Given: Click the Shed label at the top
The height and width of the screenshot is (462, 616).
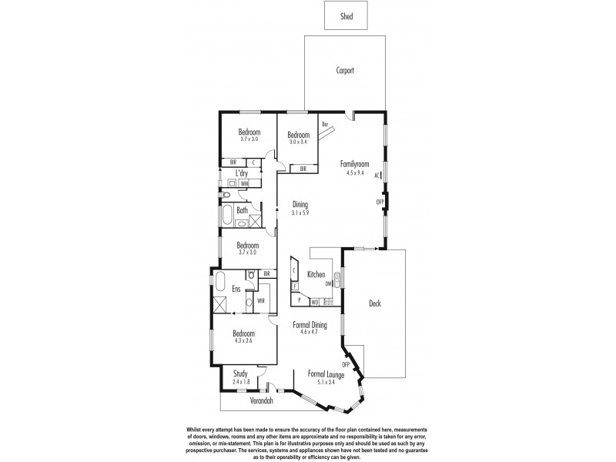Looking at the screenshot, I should tap(346, 15).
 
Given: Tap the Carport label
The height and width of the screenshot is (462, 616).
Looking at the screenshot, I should tap(345, 70).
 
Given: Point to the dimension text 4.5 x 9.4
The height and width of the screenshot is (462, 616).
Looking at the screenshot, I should tap(355, 172).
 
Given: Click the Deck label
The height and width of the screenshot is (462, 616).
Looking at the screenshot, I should tap(375, 303).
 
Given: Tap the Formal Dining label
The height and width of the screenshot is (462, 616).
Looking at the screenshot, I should tap(310, 326).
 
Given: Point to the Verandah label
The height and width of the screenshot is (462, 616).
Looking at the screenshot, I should tap(261, 401).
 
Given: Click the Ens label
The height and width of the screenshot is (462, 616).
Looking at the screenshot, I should tap(237, 289).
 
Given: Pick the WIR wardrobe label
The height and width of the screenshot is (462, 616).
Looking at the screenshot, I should tap(261, 300).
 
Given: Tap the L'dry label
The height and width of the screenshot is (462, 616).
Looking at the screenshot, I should tap(242, 173).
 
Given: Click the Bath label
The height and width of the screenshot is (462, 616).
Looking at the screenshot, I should tap(242, 209).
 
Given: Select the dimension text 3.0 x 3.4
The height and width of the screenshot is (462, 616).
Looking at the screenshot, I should tap(299, 142).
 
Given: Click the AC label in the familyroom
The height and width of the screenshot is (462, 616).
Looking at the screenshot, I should tap(377, 176).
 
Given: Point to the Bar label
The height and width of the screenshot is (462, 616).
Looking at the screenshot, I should tap(326, 123).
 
